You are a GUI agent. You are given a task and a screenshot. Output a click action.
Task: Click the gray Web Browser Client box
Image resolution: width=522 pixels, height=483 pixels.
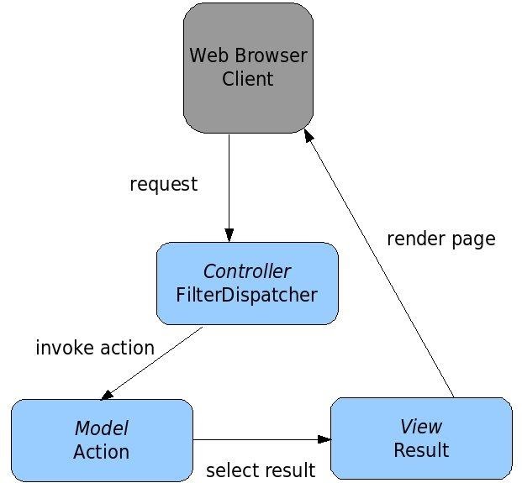248,68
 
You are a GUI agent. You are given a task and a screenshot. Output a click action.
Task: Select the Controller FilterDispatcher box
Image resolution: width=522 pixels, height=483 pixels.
247,283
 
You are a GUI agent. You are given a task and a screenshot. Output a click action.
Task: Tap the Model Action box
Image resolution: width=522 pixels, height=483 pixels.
103,440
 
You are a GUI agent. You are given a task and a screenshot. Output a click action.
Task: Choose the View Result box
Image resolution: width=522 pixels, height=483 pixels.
421,438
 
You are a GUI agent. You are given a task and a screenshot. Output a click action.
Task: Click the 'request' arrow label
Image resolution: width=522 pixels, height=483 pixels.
163,184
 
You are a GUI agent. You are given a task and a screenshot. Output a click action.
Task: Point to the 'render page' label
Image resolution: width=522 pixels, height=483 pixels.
441,239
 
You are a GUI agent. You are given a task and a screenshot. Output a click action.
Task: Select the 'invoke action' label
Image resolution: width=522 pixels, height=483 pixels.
95,348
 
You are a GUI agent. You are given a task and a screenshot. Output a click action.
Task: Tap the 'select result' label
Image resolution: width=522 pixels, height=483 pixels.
261,470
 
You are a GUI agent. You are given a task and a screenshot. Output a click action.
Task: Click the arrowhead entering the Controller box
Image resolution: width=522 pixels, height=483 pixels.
229,235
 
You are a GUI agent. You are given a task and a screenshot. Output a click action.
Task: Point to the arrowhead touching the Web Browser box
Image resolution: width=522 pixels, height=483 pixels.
308,135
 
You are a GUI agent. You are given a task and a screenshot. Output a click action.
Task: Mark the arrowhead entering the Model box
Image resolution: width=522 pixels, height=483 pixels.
107,395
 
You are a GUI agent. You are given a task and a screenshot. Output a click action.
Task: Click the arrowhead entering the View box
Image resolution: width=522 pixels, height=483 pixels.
324,439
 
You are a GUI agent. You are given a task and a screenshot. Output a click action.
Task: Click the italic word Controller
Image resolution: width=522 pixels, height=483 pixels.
246,271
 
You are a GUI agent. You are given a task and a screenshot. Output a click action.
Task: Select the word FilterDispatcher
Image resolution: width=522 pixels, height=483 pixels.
246,295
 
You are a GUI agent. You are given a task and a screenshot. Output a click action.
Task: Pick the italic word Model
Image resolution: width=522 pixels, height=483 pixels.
102,428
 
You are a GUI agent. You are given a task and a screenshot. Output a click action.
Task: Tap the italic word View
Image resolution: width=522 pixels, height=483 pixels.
421,427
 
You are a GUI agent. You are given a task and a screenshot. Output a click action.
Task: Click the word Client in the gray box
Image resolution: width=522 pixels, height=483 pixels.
248,79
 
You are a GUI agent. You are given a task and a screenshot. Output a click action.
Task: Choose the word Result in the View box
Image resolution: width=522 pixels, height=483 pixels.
421,450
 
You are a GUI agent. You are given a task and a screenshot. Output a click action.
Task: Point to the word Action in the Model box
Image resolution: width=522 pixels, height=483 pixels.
101,452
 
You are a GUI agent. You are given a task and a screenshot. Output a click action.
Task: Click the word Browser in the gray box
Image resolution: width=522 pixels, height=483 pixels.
271,55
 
